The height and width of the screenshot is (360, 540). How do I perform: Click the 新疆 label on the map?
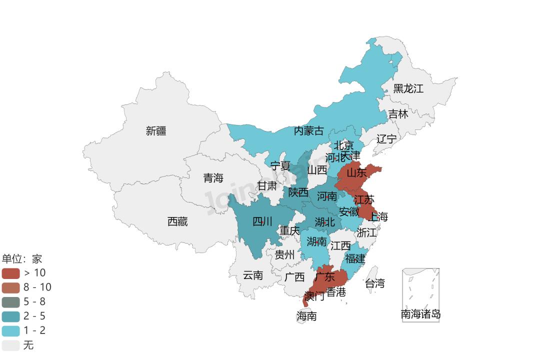(x=156, y=131)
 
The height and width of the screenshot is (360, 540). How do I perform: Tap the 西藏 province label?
(x=177, y=221)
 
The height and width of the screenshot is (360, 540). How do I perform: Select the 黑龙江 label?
(x=408, y=89)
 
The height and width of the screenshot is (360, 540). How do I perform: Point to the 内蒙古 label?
(x=308, y=131)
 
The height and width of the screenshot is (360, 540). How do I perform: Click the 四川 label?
(x=262, y=221)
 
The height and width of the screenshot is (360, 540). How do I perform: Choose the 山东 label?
(x=356, y=173)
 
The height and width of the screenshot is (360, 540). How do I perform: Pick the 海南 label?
(x=306, y=316)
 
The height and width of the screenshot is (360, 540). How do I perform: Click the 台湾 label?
(x=375, y=283)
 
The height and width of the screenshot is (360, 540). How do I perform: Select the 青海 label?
(x=213, y=178)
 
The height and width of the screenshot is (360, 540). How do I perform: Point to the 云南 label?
(x=252, y=275)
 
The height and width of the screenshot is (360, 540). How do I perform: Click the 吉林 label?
(x=398, y=114)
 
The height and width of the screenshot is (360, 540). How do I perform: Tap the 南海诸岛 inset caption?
(x=420, y=314)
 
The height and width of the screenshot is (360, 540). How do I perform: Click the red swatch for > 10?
(x=10, y=273)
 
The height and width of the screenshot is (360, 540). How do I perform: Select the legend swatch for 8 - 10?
(x=10, y=287)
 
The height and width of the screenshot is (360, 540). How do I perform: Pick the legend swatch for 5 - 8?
(x=10, y=302)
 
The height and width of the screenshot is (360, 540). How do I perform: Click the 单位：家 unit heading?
(x=22, y=259)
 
